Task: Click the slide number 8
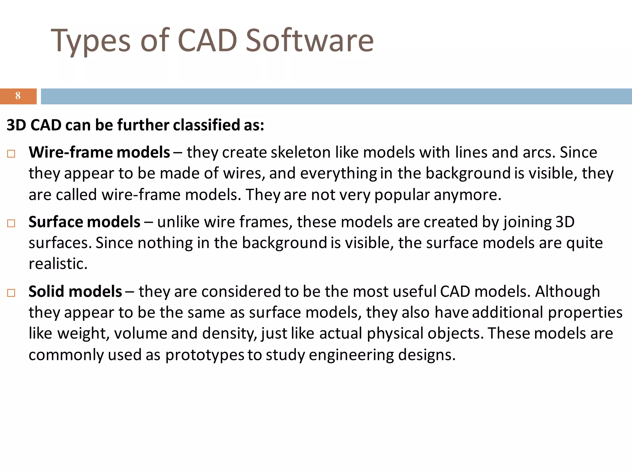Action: point(18,96)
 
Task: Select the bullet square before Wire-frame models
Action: point(11,154)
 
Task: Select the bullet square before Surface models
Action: point(11,223)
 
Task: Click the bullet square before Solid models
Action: point(11,293)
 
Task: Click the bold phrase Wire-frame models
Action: point(99,152)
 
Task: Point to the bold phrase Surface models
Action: point(84,222)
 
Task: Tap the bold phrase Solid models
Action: point(75,292)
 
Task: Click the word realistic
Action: point(58,264)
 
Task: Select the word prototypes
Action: point(205,355)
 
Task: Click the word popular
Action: point(402,195)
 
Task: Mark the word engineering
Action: point(351,355)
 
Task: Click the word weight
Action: point(83,334)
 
